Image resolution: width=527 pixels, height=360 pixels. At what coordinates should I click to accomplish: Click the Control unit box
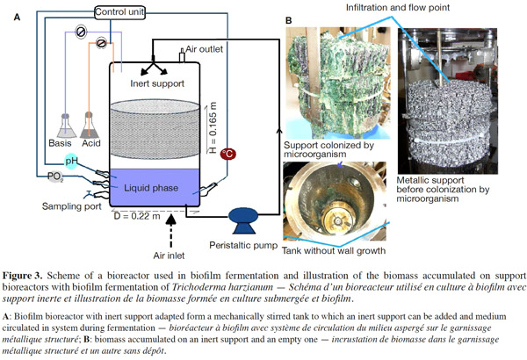(x=119, y=12)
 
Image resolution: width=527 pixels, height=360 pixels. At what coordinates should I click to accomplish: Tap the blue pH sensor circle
(x=71, y=162)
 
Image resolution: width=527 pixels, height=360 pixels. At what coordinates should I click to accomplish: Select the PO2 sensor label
(x=55, y=176)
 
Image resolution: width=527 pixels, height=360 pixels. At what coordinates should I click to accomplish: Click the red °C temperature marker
(x=227, y=155)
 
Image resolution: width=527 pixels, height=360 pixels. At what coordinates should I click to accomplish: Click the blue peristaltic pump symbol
(x=243, y=220)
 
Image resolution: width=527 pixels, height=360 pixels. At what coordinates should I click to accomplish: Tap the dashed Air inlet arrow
(x=171, y=231)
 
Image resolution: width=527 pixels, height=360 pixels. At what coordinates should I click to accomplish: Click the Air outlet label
(x=205, y=49)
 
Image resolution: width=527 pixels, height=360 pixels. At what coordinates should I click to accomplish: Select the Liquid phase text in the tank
(x=151, y=188)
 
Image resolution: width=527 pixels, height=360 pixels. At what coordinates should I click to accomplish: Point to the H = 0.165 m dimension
(x=213, y=127)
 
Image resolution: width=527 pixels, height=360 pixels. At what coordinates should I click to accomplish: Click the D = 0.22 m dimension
(x=137, y=216)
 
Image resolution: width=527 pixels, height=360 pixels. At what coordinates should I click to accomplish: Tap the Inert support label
(x=157, y=83)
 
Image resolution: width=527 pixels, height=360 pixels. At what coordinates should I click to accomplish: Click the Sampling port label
(x=72, y=206)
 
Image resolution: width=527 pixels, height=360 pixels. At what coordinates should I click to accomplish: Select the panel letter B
(x=289, y=20)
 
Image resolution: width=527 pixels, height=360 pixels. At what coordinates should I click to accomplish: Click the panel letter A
(x=17, y=17)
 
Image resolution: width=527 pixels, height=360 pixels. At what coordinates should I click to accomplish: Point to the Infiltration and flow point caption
(x=398, y=7)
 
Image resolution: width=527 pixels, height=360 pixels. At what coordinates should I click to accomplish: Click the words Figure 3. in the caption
(x=23, y=276)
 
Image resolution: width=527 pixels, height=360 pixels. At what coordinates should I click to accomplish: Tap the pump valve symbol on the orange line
(x=101, y=43)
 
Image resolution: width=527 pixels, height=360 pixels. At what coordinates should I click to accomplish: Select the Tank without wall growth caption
(x=334, y=251)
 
